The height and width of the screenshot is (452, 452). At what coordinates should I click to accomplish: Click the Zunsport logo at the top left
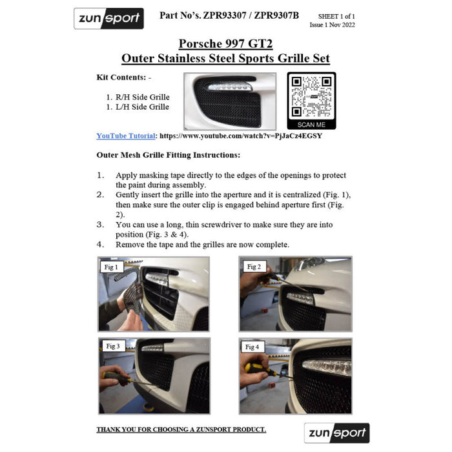tap(108, 18)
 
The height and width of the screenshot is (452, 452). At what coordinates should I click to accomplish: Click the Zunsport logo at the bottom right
tap(336, 433)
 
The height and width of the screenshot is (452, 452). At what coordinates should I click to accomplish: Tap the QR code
tap(311, 96)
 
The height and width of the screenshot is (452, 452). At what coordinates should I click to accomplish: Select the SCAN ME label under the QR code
tap(311, 125)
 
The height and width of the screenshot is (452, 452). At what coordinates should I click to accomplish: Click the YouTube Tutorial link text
tap(126, 136)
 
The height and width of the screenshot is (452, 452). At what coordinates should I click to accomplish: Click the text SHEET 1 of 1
tap(336, 15)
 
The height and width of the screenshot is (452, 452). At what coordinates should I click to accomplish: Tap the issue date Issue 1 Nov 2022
tap(332, 25)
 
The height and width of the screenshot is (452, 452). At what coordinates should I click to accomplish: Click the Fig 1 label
tap(111, 267)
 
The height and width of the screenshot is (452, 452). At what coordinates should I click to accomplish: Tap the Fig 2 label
tap(253, 266)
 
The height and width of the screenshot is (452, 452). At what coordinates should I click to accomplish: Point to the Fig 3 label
tap(112, 346)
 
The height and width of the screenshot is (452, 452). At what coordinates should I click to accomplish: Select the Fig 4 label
tap(252, 347)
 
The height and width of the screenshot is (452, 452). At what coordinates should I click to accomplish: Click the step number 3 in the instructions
tap(100, 225)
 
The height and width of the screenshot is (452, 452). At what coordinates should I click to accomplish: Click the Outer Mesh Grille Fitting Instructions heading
tap(168, 155)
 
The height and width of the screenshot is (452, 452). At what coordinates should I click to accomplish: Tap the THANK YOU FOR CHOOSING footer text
tap(181, 429)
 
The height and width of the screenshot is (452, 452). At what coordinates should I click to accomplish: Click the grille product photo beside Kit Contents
tap(229, 101)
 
